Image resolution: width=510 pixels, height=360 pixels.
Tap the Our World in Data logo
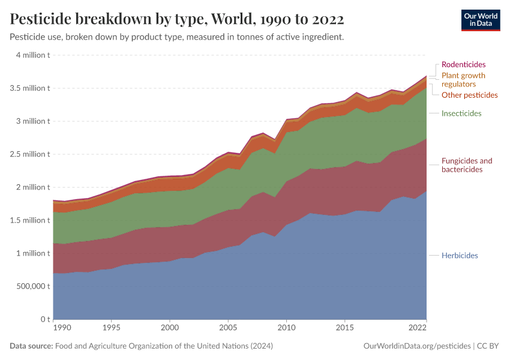pos(480,20)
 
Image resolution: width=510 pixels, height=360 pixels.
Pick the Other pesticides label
pos(469,95)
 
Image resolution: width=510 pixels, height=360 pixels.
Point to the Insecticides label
pos(461,113)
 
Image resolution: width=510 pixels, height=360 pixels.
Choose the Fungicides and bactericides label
pos(466,165)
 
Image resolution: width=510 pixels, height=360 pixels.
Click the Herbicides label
pos(460,256)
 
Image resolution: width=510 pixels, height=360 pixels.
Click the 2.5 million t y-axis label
pos(29,154)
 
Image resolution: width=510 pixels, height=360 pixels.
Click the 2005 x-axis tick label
pos(227,328)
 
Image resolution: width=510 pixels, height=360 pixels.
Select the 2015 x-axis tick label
pos(344,328)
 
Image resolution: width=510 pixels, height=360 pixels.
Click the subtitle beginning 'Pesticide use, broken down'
pos(176,37)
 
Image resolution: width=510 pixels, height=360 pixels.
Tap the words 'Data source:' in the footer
pos(31,346)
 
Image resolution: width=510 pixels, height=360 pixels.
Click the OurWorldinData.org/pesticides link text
pos(417,346)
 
